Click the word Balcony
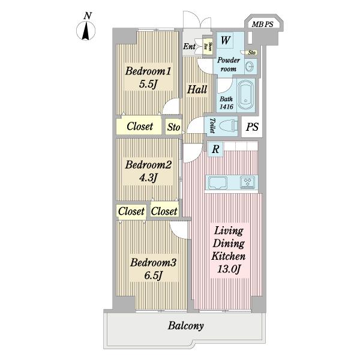click(x=186, y=327)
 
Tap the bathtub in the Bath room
click(x=246, y=96)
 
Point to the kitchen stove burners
click(x=248, y=182)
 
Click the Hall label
click(x=197, y=90)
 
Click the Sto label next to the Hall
click(x=173, y=127)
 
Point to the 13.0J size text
click(x=228, y=270)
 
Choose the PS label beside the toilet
click(x=252, y=127)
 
